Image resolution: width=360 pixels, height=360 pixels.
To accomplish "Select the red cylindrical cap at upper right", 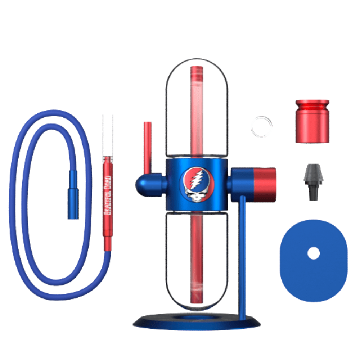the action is [x=312, y=121].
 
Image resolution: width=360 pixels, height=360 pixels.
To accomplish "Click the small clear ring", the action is [x=262, y=127].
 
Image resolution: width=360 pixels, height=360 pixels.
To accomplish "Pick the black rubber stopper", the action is [x=314, y=182].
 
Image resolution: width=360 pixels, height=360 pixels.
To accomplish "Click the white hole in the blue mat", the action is [x=314, y=253].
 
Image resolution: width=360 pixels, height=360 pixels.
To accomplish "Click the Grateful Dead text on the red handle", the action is [x=107, y=195].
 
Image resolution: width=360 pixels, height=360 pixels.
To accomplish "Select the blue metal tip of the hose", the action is [x=73, y=195].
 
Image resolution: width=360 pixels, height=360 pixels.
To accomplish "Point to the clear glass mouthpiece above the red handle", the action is [x=108, y=135].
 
